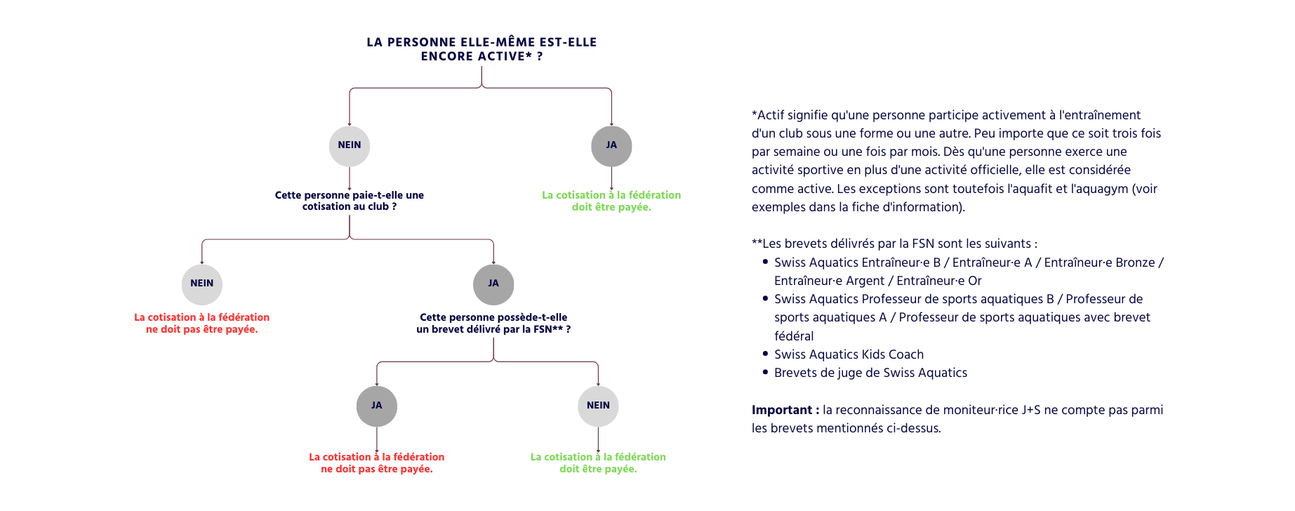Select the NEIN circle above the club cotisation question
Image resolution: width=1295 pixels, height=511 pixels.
tap(350, 146)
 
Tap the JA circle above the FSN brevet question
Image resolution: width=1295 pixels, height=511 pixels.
tap(493, 284)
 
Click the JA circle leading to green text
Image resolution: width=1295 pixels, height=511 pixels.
tap(611, 146)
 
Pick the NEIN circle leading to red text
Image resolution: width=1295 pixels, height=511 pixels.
tap(202, 284)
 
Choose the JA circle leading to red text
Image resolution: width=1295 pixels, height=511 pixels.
tap(377, 406)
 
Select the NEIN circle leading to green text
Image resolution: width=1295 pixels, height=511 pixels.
tap(598, 406)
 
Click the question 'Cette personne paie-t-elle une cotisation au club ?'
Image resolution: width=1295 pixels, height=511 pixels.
tap(350, 201)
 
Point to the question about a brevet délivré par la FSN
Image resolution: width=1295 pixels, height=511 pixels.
tap(493, 323)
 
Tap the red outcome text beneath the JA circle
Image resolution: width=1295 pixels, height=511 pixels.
tap(377, 463)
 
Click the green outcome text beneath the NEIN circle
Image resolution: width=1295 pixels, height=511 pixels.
tap(598, 463)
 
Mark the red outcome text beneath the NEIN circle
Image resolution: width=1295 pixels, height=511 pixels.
tap(202, 323)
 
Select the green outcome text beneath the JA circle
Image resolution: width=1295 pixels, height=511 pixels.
tap(611, 201)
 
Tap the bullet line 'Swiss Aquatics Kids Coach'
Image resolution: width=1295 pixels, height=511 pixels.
tap(849, 354)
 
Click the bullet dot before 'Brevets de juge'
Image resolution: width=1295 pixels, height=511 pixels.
tap(765, 372)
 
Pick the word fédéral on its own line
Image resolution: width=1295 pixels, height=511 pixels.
tap(794, 336)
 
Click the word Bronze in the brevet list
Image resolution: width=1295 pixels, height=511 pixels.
tap(1134, 263)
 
